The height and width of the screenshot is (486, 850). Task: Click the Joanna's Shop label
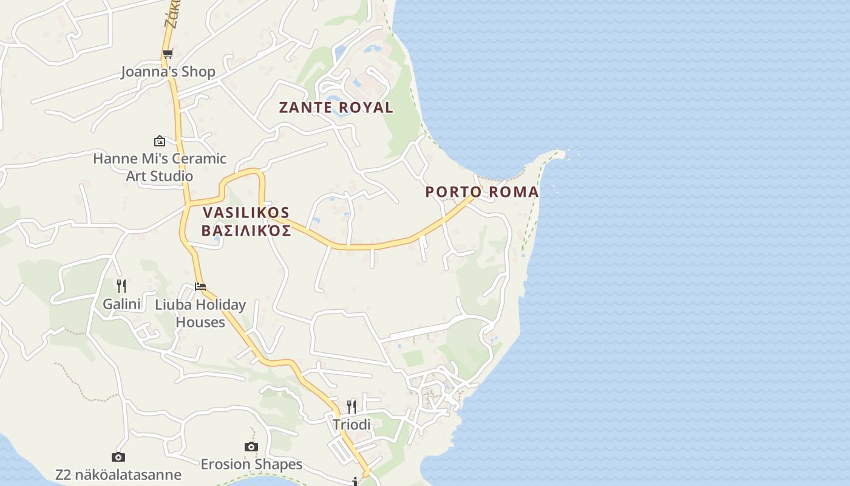168,72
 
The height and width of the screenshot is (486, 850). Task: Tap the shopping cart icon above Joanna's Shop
168,54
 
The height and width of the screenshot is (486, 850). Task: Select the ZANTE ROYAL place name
336,108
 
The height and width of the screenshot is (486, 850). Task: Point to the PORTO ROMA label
481,192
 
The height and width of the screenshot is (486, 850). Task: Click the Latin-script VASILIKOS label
246,213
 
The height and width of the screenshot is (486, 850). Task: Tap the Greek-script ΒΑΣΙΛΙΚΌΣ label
246,231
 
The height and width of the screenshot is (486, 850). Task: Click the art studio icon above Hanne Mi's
160,141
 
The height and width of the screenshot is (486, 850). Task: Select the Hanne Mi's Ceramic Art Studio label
160,167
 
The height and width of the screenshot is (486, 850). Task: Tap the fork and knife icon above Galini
121,286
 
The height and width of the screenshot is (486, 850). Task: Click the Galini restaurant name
121,304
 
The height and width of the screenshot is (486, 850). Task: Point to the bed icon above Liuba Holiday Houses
200,286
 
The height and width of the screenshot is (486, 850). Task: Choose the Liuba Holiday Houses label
200,313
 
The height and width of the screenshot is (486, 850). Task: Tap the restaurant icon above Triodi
352,406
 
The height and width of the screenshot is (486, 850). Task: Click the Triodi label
352,425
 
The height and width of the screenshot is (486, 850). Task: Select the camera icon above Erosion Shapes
251,447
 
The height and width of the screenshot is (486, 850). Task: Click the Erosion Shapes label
251,464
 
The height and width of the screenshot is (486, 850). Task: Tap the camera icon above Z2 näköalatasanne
118,457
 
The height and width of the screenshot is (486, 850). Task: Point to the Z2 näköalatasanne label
118,474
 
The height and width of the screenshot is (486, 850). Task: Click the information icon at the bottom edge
356,482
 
